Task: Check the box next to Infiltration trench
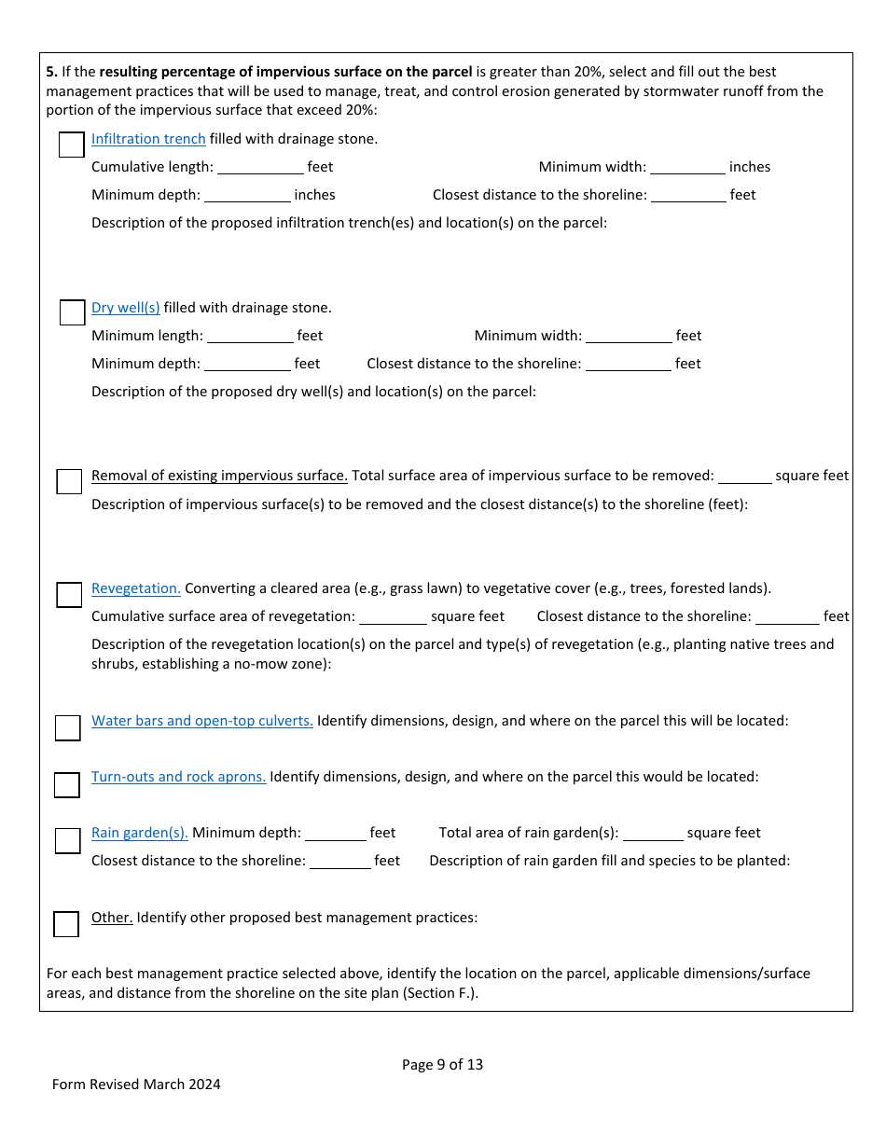tap(72, 145)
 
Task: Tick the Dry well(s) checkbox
tap(73, 312)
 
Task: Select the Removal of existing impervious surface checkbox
tap(69, 481)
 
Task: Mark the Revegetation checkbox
tap(69, 595)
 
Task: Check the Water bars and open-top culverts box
tap(68, 727)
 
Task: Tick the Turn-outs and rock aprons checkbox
tap(67, 785)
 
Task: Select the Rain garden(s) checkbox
tap(68, 840)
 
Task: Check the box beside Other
tap(66, 924)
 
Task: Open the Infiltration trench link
tap(148, 139)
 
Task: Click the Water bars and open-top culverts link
tap(201, 721)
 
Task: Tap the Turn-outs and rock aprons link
tap(178, 777)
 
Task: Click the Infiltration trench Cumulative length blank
tap(260, 168)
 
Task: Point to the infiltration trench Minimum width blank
tap(687, 168)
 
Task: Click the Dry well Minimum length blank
tap(250, 336)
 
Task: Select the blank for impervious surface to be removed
tap(744, 477)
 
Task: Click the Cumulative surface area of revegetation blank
tap(393, 617)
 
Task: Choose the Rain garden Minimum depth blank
tap(335, 834)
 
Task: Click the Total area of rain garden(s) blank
tap(653, 834)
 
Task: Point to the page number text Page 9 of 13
tap(442, 1064)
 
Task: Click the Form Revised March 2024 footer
tap(136, 1084)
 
